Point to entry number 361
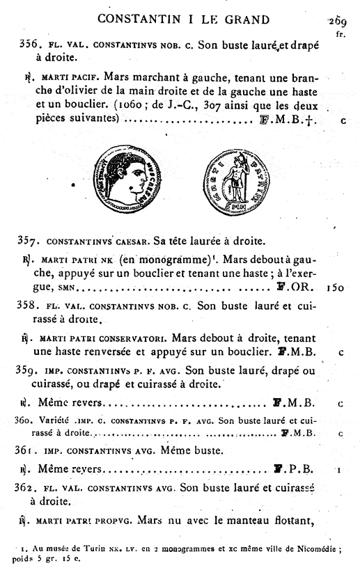[x=28, y=450]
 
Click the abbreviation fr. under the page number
[x=340, y=33]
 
